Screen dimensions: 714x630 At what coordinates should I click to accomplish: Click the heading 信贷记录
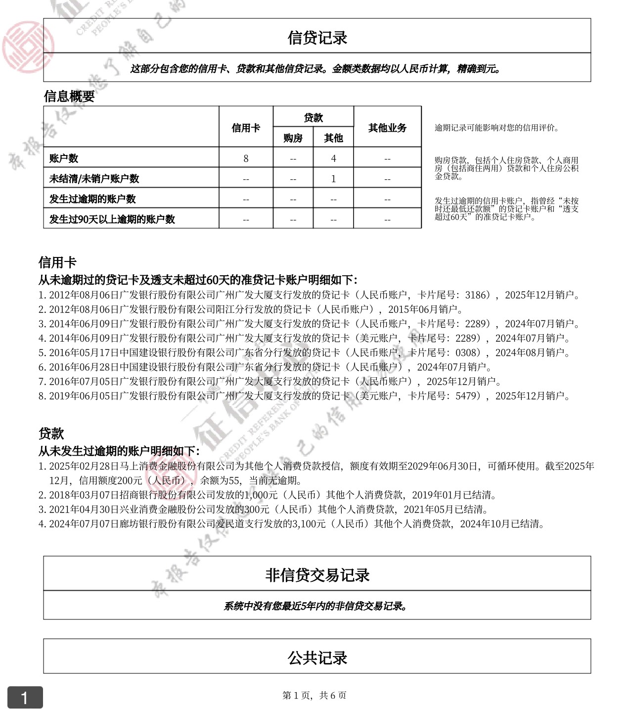317,38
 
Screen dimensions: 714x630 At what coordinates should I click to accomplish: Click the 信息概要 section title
69,96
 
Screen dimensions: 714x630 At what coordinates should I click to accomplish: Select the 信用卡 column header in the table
246,128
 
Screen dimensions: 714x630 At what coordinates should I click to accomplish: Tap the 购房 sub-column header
293,138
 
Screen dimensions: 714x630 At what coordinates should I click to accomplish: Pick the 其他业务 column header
387,128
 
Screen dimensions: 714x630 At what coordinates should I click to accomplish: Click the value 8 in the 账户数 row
246,158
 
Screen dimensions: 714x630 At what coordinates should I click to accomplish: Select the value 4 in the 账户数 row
333,158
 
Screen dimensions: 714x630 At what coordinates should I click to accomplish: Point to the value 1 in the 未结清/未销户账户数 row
333,179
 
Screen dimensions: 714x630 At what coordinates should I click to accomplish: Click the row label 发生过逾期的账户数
92,199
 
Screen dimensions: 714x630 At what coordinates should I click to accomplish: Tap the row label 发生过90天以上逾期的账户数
112,219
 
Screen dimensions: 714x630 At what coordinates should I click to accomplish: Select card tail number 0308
467,353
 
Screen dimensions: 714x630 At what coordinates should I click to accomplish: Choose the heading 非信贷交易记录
317,575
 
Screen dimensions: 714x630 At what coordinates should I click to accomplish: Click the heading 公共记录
317,658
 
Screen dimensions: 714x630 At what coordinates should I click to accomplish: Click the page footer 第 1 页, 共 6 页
315,695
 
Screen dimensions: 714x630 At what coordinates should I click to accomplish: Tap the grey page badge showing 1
25,698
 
